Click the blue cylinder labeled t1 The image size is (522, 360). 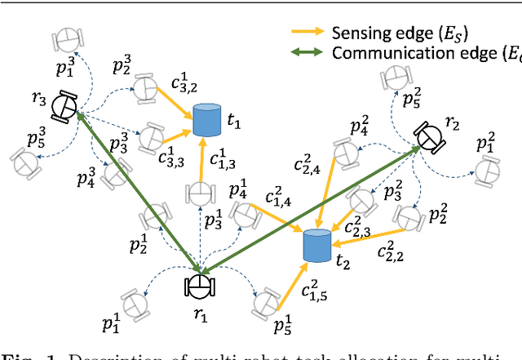(x=208, y=121)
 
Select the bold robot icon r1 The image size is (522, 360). (x=199, y=286)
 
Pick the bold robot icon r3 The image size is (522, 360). (x=64, y=104)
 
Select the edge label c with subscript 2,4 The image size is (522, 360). (x=312, y=162)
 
